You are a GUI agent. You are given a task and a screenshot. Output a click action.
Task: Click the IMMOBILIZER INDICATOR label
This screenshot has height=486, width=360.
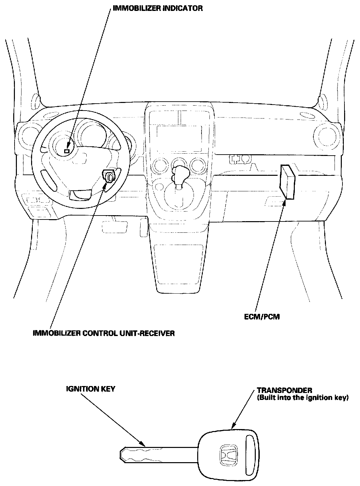[157, 8]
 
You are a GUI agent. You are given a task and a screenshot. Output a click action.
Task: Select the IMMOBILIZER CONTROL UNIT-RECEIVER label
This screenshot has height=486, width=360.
[104, 333]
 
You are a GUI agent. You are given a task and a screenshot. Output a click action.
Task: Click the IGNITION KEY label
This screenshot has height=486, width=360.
[90, 389]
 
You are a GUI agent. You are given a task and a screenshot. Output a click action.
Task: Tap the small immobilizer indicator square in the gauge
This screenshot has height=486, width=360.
[67, 151]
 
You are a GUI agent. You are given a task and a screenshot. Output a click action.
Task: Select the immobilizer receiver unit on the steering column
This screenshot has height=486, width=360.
[109, 176]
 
